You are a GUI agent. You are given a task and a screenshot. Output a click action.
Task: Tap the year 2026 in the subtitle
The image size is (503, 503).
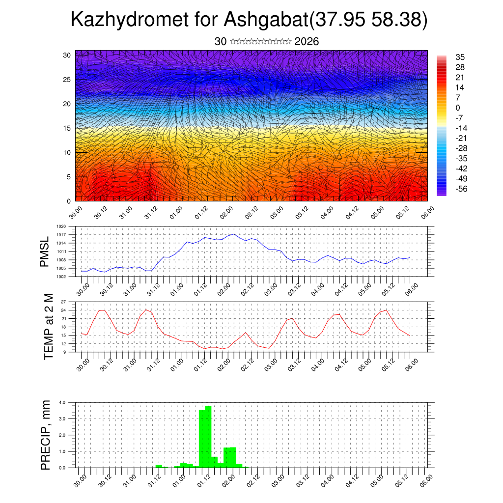307,42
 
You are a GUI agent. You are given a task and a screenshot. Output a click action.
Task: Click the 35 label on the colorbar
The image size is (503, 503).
460,57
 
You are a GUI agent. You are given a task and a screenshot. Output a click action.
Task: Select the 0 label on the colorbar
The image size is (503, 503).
457,108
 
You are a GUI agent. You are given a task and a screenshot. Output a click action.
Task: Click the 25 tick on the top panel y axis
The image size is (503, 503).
67,79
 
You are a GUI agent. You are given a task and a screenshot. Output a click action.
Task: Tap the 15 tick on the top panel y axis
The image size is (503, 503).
67,128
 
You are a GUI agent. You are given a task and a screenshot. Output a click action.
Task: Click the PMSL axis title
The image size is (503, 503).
45,251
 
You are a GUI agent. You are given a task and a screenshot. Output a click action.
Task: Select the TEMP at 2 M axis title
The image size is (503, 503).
48,326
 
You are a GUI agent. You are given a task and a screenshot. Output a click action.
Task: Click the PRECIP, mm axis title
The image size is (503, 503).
46,435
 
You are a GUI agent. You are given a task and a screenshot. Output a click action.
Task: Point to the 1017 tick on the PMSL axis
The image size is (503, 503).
61,235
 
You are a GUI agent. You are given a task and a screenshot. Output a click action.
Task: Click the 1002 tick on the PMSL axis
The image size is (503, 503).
61,277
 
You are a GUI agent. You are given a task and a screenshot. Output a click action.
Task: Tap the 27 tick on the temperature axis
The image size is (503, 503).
63,302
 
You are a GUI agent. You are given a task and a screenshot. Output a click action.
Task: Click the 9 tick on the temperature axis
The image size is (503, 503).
64,352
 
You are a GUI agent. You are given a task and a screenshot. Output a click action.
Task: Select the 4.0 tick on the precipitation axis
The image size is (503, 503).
62,402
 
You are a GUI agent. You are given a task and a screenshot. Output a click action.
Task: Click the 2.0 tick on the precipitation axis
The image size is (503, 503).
62,435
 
